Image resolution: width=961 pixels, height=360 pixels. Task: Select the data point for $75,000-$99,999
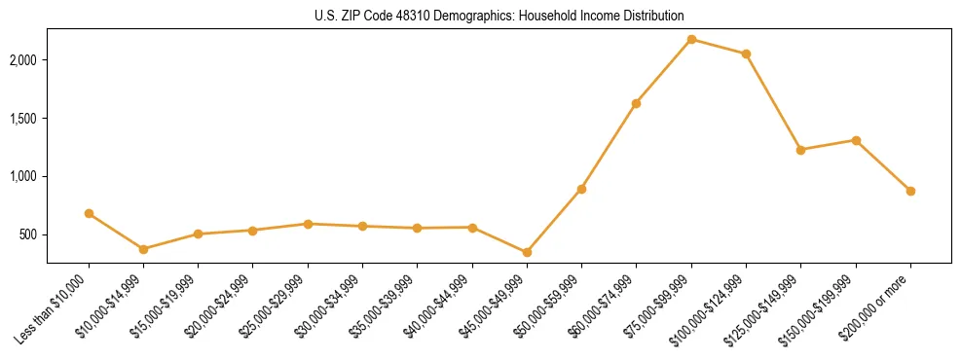pyautogui.click(x=691, y=39)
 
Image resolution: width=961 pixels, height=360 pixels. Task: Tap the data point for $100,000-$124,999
pyautogui.click(x=746, y=54)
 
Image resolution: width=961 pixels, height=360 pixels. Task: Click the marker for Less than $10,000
pyautogui.click(x=89, y=213)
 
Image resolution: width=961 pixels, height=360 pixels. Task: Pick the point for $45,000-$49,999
pyautogui.click(x=527, y=252)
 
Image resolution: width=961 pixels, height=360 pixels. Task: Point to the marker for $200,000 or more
pyautogui.click(x=910, y=191)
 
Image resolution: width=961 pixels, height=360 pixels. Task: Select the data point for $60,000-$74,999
pyautogui.click(x=636, y=103)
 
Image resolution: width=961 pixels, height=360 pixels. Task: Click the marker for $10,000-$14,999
pyautogui.click(x=143, y=249)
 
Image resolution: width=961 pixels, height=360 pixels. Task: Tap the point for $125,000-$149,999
pyautogui.click(x=800, y=150)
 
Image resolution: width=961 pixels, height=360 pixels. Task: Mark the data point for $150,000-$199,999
pyautogui.click(x=856, y=140)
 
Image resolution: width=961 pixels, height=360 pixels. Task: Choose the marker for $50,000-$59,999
pyautogui.click(x=581, y=189)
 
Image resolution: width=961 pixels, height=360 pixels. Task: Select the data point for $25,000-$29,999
pyautogui.click(x=308, y=224)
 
